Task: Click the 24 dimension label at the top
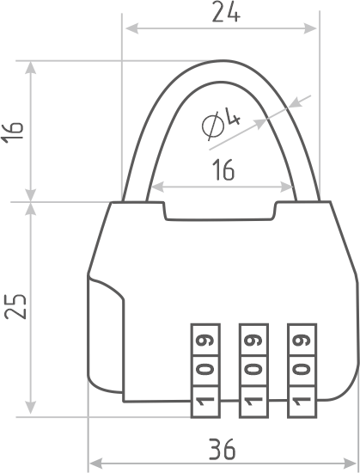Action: point(226,12)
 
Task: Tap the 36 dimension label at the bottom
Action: point(222,449)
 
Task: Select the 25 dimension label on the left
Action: point(15,306)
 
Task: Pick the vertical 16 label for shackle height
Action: point(12,130)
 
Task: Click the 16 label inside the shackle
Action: point(223,169)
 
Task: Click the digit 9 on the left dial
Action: point(205,341)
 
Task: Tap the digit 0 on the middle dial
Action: point(253,369)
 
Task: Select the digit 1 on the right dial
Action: point(302,402)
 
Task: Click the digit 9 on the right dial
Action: point(302,341)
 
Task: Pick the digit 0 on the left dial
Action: point(205,369)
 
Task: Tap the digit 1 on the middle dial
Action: point(253,402)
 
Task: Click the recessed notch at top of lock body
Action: point(220,212)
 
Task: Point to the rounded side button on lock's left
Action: point(106,335)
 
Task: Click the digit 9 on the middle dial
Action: point(253,341)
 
